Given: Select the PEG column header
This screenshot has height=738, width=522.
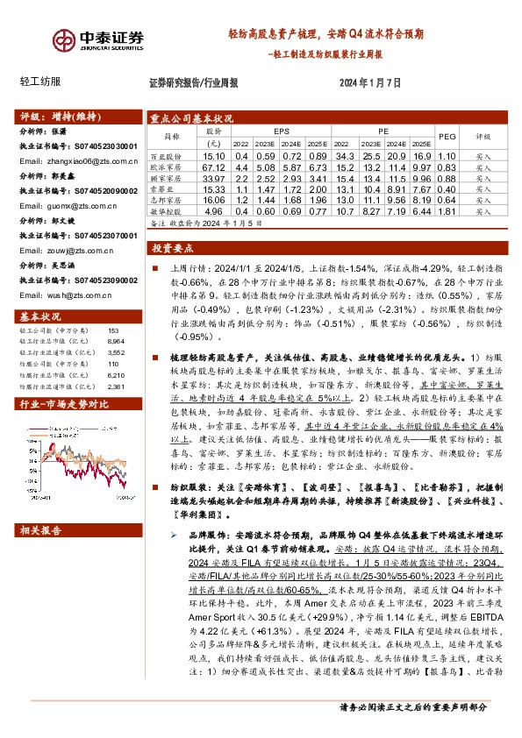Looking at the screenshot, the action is [x=447, y=137].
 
